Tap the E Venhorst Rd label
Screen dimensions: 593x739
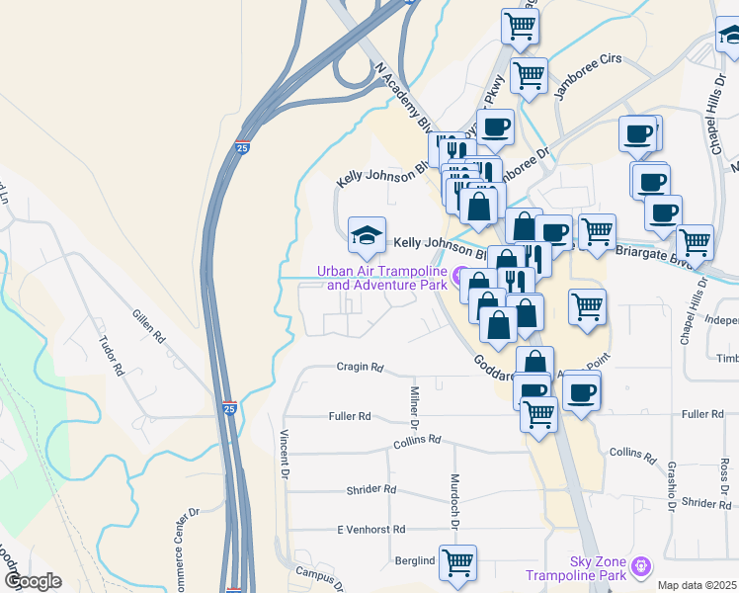click(371, 530)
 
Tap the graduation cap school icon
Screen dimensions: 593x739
click(367, 235)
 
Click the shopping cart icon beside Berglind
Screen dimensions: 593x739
click(457, 562)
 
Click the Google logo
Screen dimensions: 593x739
click(31, 581)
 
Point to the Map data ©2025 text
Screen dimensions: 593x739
click(698, 585)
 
